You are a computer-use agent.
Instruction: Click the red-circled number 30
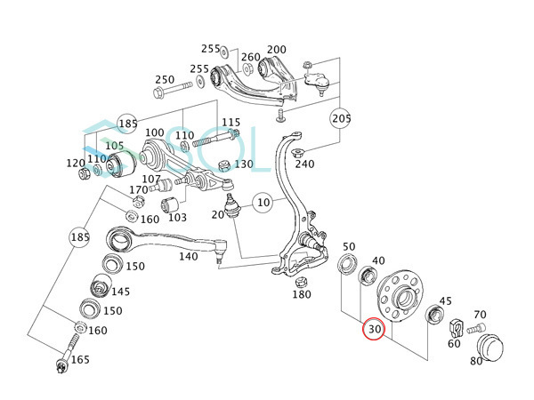point(375,330)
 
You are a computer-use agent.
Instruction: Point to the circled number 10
point(263,204)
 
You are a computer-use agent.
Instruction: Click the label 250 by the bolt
point(165,79)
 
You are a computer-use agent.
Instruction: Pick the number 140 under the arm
point(188,256)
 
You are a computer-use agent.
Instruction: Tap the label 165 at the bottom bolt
point(80,360)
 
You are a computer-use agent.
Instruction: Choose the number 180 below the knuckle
point(302,294)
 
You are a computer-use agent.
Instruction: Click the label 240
point(305,164)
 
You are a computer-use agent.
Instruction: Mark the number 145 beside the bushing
point(120,292)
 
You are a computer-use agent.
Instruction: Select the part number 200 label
point(277,50)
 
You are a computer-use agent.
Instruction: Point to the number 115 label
point(231,123)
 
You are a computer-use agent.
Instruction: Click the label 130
point(243,164)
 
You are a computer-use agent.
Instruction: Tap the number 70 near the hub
point(480,315)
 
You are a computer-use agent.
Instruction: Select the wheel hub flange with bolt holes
point(401,297)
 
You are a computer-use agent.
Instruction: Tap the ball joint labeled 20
point(231,207)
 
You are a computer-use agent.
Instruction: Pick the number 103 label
point(177,217)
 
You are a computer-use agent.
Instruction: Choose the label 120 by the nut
point(75,163)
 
